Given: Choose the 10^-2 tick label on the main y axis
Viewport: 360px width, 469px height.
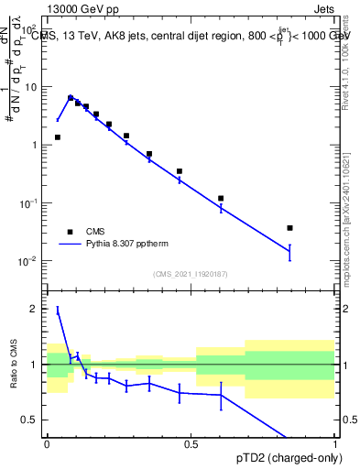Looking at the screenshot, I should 27,261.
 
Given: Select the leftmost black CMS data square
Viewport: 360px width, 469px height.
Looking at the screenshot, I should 58,137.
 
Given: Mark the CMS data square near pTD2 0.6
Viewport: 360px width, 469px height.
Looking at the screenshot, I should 221,198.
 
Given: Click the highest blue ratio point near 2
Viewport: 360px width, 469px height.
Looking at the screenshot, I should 58,311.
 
